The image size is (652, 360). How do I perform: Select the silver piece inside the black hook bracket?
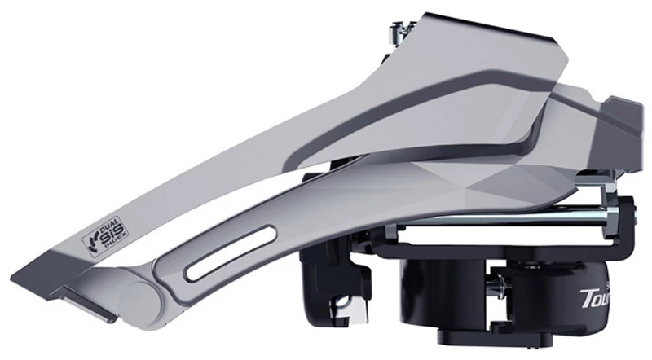(x=336, y=309)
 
